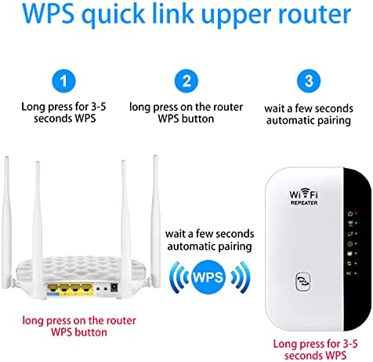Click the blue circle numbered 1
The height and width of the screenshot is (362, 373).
(63, 81)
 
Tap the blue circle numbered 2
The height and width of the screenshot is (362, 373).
(186, 81)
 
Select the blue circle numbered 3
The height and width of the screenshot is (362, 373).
(309, 81)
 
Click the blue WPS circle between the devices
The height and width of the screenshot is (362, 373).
(208, 277)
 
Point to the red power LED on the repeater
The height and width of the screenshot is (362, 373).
(356, 214)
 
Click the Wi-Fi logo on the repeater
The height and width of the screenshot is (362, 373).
(304, 194)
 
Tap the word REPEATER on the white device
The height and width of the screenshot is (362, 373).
(304, 203)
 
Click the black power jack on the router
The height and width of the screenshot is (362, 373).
(114, 287)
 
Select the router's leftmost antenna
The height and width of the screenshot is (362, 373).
(6, 222)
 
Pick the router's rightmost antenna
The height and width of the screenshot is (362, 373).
(156, 221)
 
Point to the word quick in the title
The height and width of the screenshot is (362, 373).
(113, 15)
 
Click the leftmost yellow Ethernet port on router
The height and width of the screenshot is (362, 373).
(53, 288)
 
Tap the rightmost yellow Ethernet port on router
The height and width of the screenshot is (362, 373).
(86, 288)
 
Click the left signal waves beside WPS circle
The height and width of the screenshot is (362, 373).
(179, 277)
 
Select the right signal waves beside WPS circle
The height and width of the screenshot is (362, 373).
(241, 277)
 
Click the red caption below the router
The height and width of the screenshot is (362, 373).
(79, 327)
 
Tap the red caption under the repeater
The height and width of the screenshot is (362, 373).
(315, 349)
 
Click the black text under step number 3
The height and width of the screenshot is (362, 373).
(309, 115)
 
